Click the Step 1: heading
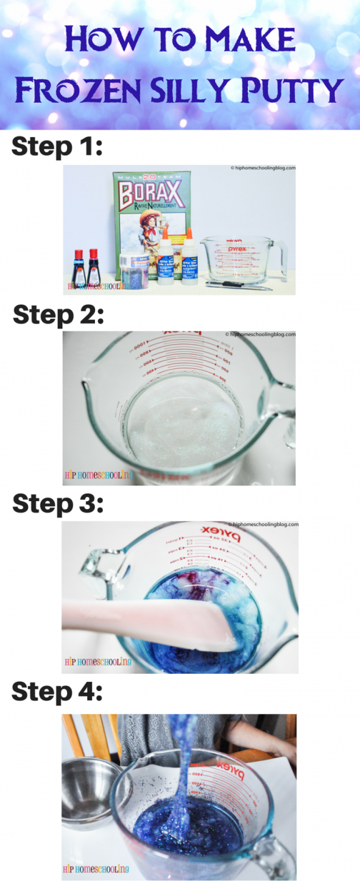[x=57, y=148]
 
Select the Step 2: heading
[x=59, y=314]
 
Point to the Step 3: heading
[x=58, y=503]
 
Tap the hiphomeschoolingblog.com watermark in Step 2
[x=260, y=334]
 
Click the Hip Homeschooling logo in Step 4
[x=96, y=869]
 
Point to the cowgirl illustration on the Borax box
[x=140, y=228]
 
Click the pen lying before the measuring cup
[x=239, y=286]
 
